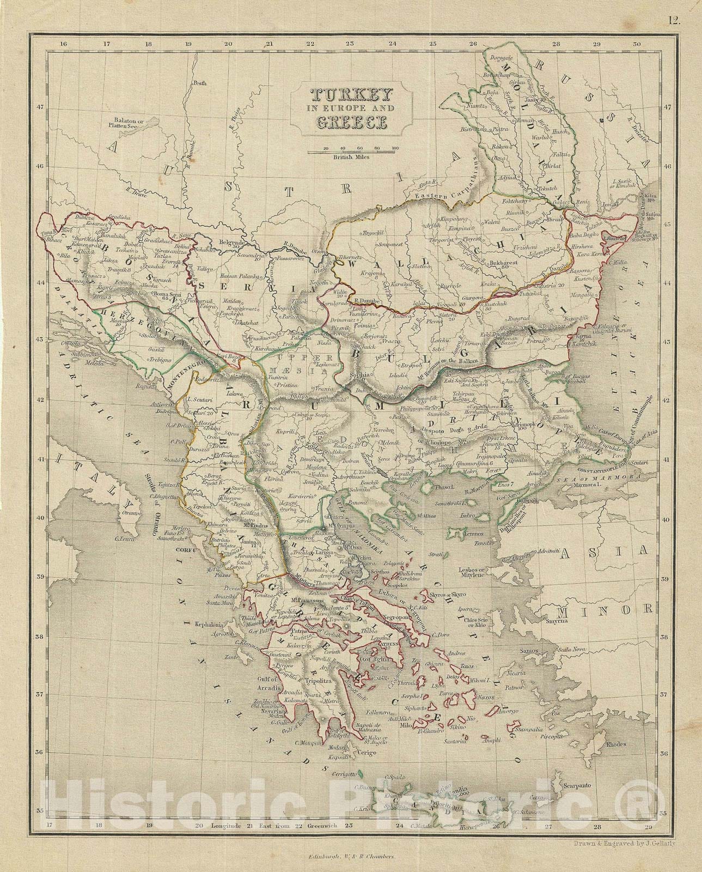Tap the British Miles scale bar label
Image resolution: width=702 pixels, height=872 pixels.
pos(352,157)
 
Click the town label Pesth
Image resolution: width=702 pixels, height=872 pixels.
pos(200,84)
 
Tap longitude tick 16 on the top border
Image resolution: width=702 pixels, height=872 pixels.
pos(63,44)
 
